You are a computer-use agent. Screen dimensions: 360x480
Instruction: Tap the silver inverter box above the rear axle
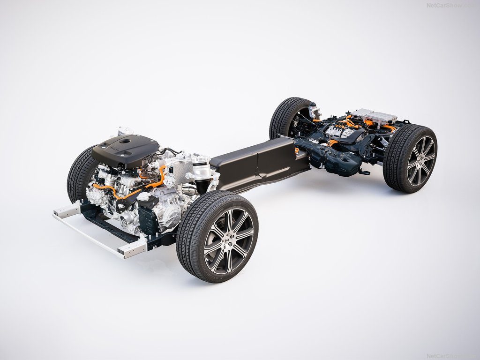point(375,116)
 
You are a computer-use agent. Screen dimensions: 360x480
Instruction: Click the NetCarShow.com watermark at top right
point(450,5)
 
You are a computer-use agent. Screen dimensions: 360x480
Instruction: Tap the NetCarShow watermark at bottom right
point(450,356)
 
